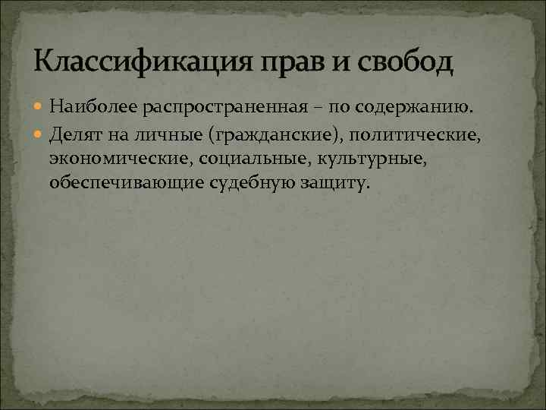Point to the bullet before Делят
[40, 135]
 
